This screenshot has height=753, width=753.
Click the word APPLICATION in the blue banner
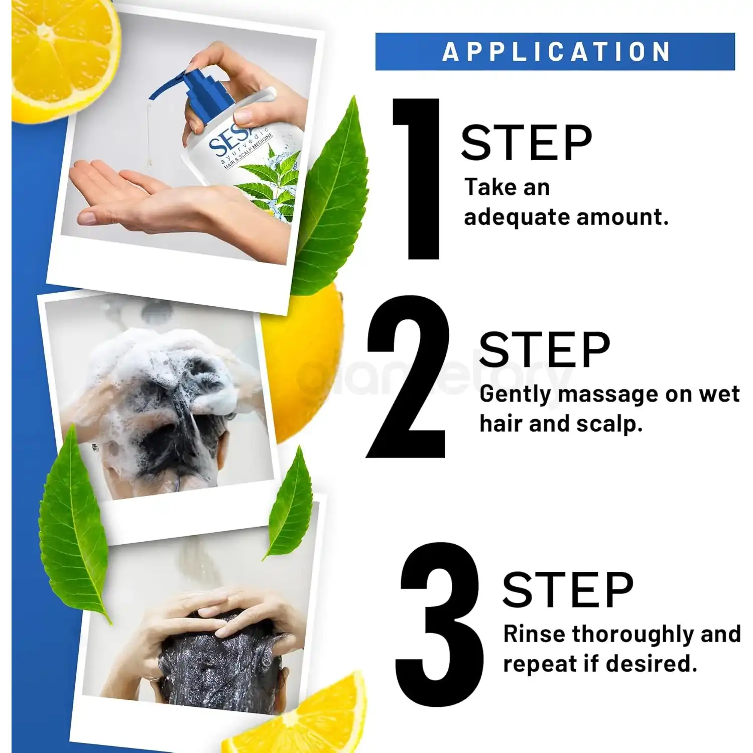tap(556, 52)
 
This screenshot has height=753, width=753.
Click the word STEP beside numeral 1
tap(526, 143)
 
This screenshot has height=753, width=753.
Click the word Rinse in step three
tap(535, 634)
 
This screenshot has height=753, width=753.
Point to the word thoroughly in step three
tap(634, 635)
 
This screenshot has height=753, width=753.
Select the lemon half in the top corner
tap(60, 58)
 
